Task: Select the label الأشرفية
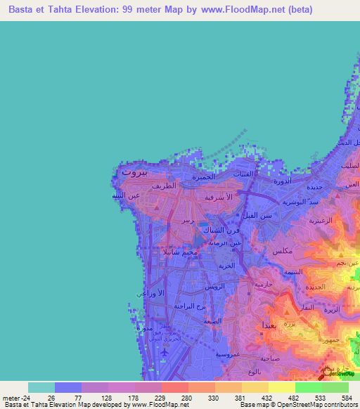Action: pos(218,198)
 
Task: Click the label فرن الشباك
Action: pos(211,231)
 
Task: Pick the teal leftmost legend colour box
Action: pos(41,387)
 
